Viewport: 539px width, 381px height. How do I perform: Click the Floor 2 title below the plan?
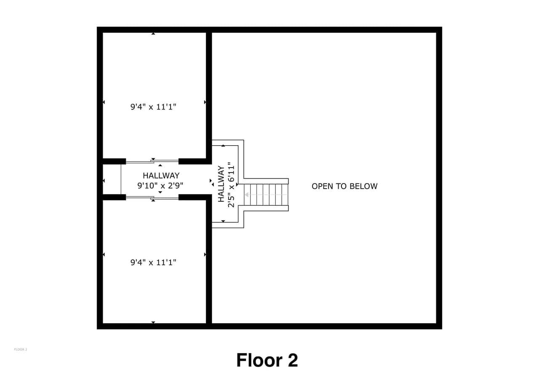pyautogui.click(x=267, y=360)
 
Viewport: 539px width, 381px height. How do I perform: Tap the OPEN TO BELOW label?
pyautogui.click(x=344, y=186)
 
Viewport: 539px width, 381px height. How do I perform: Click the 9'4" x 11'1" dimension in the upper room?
pyautogui.click(x=153, y=107)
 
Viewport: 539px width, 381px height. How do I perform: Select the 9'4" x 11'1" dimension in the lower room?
pyautogui.click(x=153, y=262)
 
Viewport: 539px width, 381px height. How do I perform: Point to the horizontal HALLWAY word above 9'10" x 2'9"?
pyautogui.click(x=161, y=176)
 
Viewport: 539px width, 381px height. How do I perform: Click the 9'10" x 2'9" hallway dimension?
pyautogui.click(x=160, y=186)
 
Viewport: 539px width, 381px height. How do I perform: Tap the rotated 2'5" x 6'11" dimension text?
pyautogui.click(x=231, y=185)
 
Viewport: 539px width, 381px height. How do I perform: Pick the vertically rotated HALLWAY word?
pyautogui.click(x=221, y=184)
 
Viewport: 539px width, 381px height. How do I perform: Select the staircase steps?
pyautogui.click(x=266, y=194)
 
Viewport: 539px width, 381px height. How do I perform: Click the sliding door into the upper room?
pyautogui.click(x=152, y=161)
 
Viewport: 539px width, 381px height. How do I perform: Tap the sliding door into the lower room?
pyautogui.click(x=152, y=198)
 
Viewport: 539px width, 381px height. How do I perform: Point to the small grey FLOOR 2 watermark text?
pyautogui.click(x=21, y=349)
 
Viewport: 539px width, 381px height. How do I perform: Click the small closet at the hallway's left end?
pyautogui.click(x=112, y=179)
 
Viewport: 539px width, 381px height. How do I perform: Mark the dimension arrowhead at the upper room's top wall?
pyautogui.click(x=153, y=34)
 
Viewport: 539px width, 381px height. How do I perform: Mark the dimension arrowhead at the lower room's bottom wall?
pyautogui.click(x=153, y=322)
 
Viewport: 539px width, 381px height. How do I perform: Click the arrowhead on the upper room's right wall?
pyautogui.click(x=205, y=102)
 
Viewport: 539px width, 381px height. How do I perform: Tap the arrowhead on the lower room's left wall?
pyautogui.click(x=104, y=254)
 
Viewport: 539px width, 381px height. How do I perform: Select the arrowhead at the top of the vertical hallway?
pyautogui.click(x=223, y=146)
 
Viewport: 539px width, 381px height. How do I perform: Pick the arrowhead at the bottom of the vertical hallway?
pyautogui.click(x=223, y=221)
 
